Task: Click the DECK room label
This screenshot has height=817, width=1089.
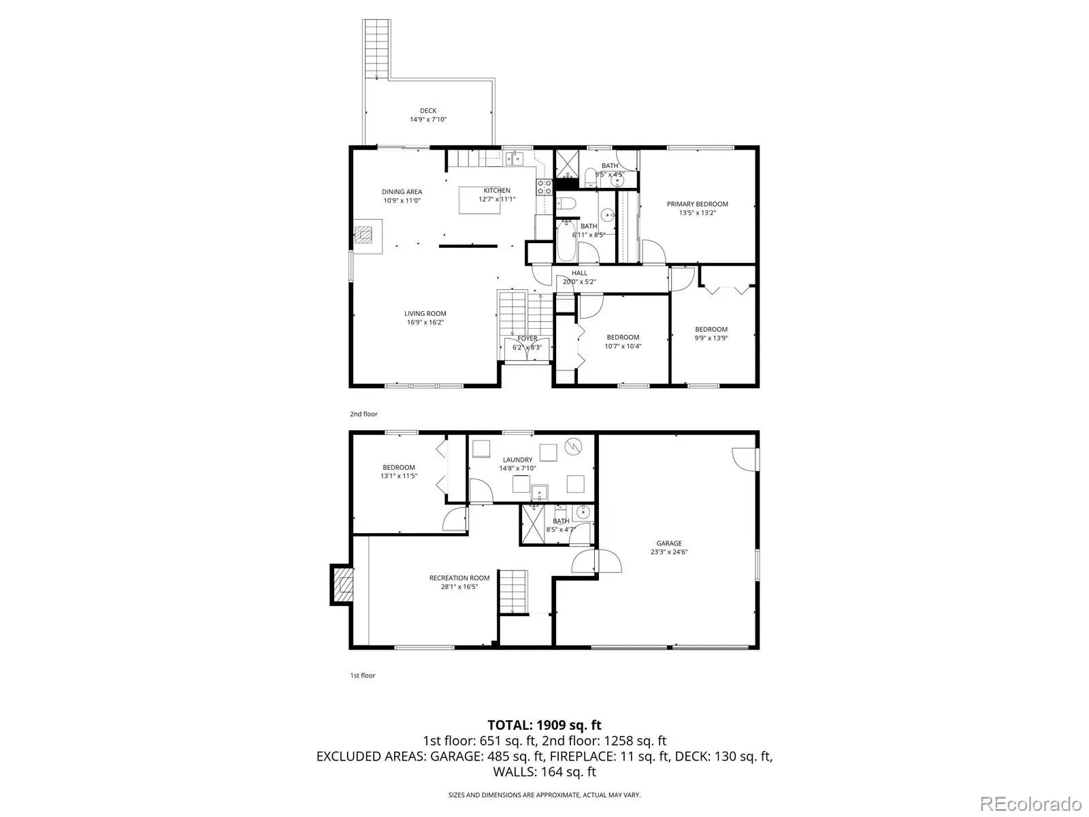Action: coord(428,110)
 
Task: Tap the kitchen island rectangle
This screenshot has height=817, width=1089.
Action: coord(478,200)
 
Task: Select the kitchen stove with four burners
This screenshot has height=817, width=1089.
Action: coord(544,187)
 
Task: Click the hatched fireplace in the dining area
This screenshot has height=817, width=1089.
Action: coord(363,235)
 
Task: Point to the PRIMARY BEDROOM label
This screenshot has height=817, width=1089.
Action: coord(697,204)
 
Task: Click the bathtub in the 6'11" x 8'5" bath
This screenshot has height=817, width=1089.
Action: coord(566,242)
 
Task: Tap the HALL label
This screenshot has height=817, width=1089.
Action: coord(579,273)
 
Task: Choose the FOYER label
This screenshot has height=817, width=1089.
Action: coord(527,338)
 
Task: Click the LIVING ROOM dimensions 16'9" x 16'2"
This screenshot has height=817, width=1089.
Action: coord(425,323)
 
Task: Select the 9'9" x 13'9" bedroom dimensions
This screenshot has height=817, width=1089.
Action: coord(711,338)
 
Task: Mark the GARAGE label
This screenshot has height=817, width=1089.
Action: coord(669,543)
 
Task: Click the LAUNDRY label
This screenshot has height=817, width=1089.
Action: coord(517,460)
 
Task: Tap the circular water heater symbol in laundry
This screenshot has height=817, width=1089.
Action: coord(574,446)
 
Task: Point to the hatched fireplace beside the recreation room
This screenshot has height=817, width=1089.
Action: coord(343,585)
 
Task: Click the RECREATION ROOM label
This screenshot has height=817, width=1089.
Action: coord(459,578)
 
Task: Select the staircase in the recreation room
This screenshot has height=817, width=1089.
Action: coord(513,592)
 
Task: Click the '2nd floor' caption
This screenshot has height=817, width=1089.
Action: coord(363,414)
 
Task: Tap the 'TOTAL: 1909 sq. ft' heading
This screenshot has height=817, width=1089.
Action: coord(544,725)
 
